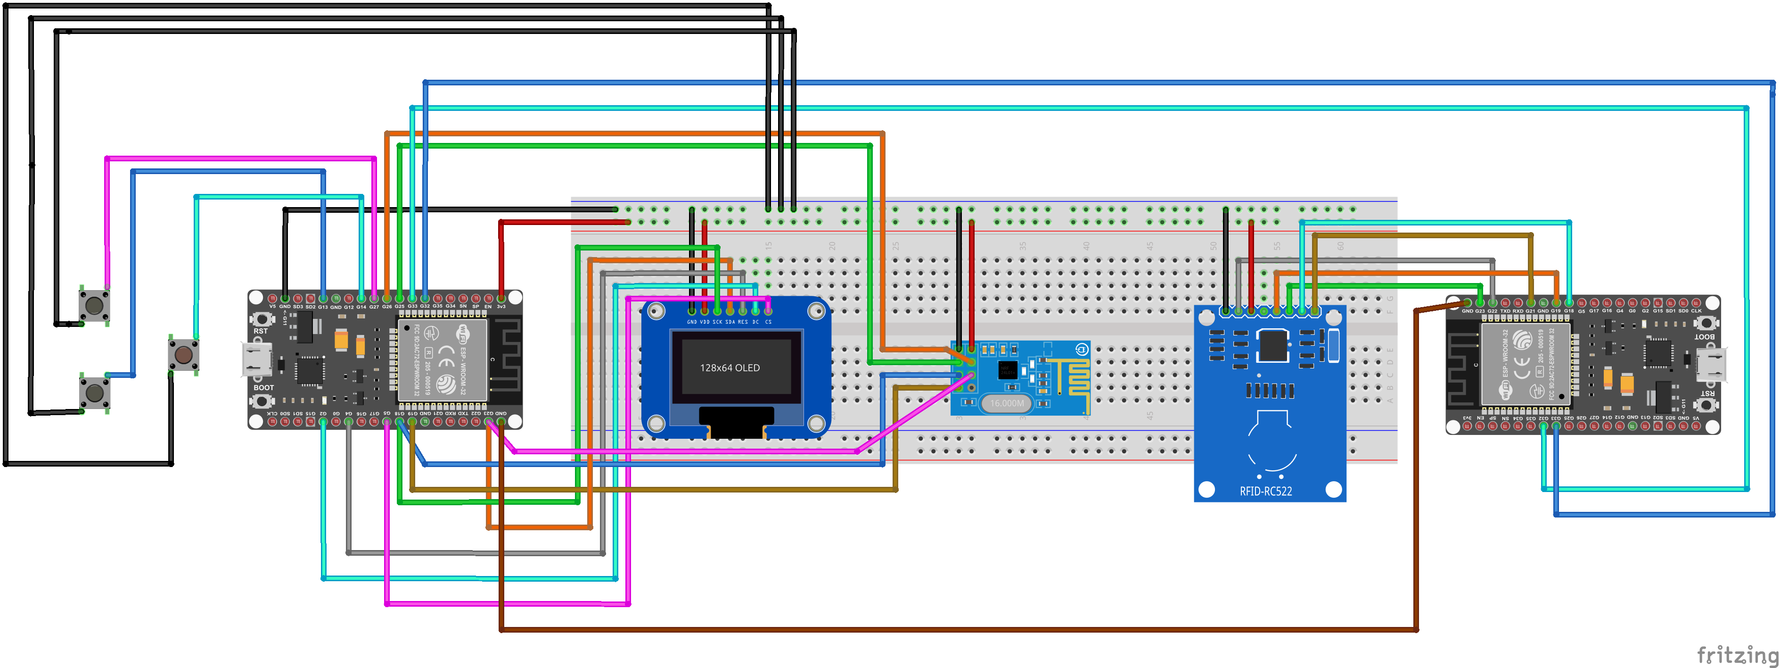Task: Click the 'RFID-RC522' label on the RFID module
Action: click(x=1265, y=492)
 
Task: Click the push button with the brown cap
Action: click(x=184, y=355)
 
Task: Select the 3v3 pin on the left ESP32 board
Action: click(x=501, y=299)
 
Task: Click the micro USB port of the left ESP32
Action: click(x=256, y=359)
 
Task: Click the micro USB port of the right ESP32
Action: click(x=1712, y=364)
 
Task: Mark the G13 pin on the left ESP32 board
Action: click(x=323, y=299)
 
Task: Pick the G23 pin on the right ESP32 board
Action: click(x=1479, y=303)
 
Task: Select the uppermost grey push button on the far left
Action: click(x=94, y=305)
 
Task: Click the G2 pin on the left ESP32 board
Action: click(x=323, y=421)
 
